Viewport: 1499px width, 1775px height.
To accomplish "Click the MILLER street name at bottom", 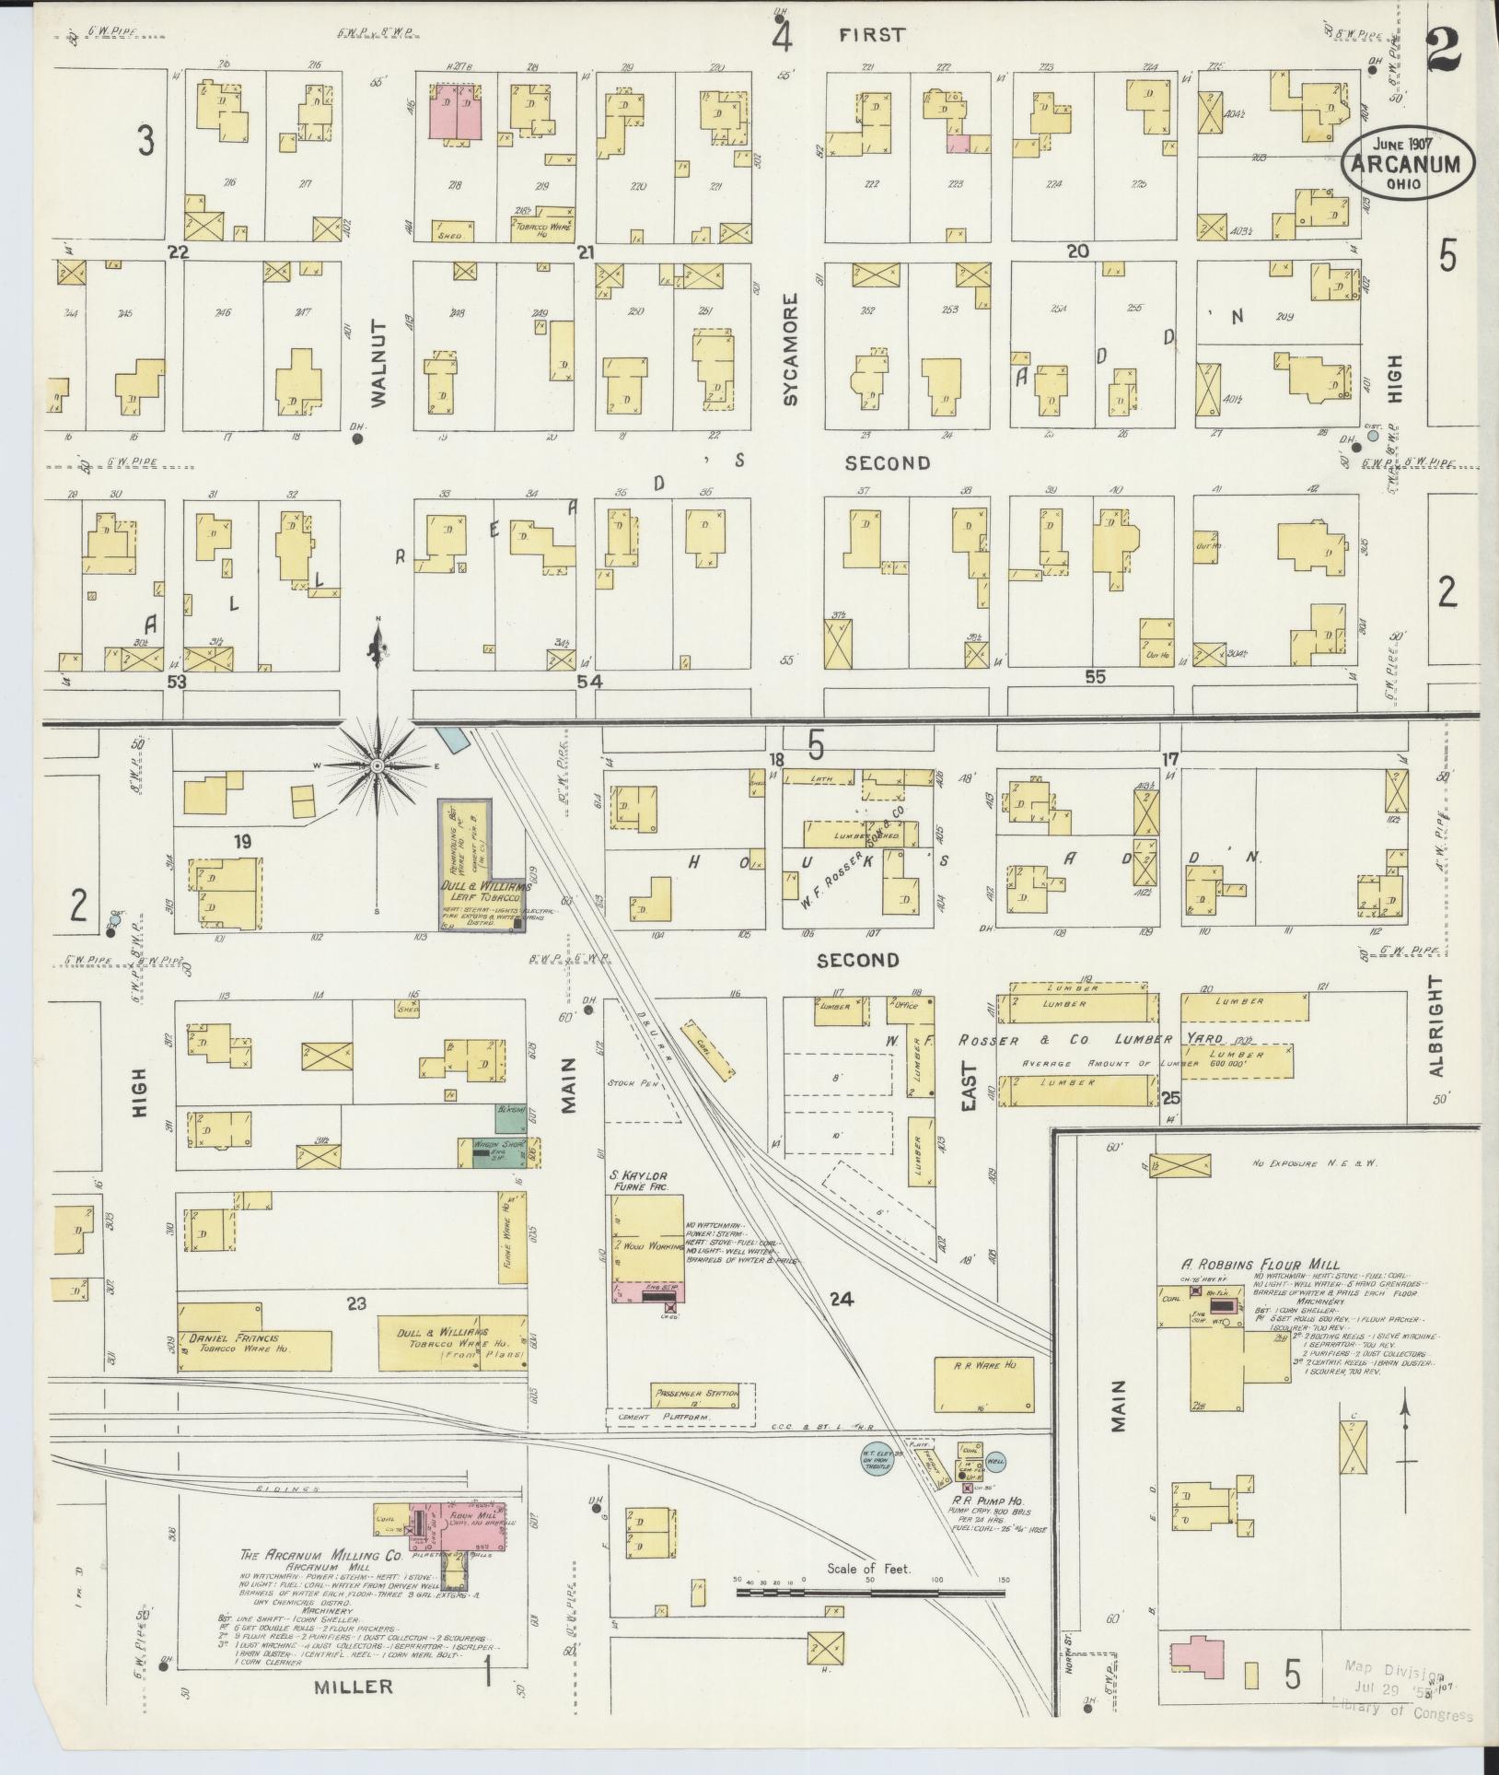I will [354, 1687].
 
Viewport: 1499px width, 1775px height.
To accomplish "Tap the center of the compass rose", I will [376, 766].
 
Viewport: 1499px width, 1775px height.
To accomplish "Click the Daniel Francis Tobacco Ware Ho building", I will [254, 1349].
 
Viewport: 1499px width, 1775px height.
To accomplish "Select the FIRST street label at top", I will [872, 35].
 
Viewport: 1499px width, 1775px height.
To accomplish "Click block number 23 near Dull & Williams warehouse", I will [355, 1302].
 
